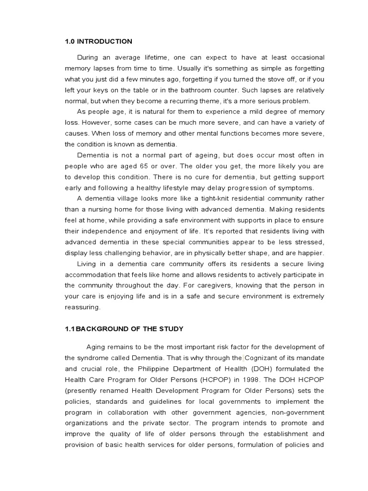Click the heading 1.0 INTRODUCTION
[98, 41]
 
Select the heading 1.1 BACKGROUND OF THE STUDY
[124, 328]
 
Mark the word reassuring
[82, 307]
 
